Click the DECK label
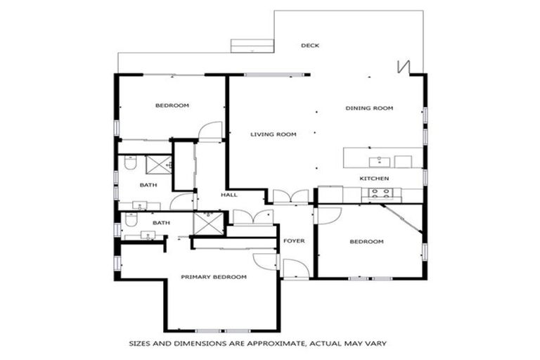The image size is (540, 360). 310,46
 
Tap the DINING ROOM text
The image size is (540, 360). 368,108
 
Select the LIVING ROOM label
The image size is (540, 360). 274,134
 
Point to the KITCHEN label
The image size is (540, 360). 374,179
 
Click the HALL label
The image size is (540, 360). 229,195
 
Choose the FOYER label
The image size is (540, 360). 294,241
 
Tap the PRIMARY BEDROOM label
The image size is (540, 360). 214,277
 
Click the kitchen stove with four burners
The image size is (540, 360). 380,194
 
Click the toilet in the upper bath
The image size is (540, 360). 130,163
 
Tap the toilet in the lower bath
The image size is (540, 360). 130,220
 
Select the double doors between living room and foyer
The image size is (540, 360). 290,196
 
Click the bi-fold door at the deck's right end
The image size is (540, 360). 403,66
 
